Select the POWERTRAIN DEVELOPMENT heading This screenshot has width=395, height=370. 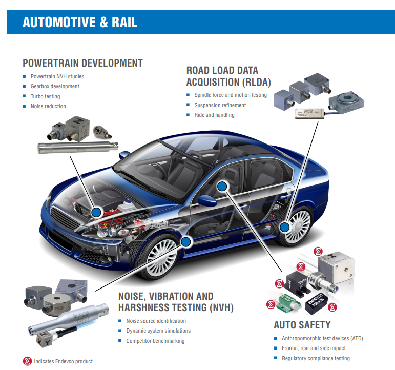coord(82,63)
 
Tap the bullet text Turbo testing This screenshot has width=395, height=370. coord(45,96)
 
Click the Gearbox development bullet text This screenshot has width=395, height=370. coord(55,86)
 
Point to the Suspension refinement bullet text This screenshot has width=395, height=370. coord(220,105)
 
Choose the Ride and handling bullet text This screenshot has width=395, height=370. coord(214,115)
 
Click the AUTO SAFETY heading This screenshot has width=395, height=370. coord(302,325)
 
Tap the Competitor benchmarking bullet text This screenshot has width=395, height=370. coord(155,341)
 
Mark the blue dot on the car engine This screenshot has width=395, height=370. coord(95,211)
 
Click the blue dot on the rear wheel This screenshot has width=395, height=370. coord(285,225)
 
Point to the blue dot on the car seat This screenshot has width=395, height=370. coord(221,187)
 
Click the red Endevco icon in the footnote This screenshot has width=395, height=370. coord(28,361)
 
